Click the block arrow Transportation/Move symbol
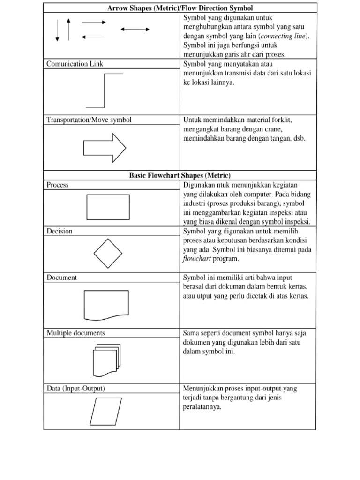(x=105, y=148)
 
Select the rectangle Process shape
(x=108, y=207)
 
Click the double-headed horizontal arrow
(x=135, y=29)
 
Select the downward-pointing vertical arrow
(x=57, y=30)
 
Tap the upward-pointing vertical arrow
(x=68, y=29)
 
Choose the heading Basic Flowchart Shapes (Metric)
(x=180, y=176)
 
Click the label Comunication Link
(x=75, y=64)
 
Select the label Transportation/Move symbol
(x=89, y=120)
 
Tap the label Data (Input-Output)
(x=75, y=389)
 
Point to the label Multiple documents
(x=75, y=333)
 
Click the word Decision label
(x=60, y=231)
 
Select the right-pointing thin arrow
(x=94, y=22)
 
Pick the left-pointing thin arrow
(x=93, y=37)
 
